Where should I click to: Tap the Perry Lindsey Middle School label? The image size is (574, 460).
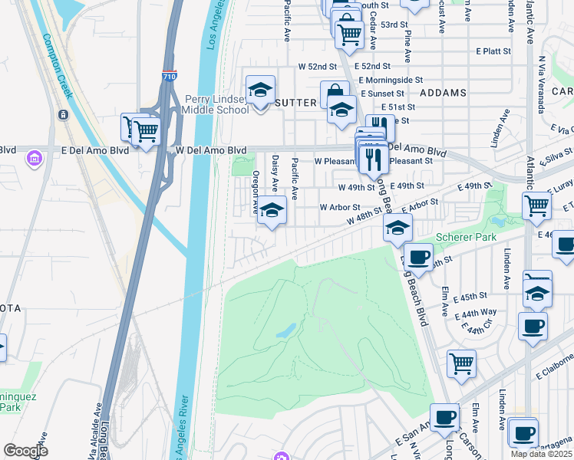point(217,104)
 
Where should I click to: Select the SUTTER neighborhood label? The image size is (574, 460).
point(295,102)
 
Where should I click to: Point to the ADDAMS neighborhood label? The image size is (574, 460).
point(444,93)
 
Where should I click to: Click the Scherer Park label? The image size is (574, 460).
point(467,238)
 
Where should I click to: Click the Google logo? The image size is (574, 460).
point(25,451)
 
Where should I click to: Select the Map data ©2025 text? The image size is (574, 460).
point(541,454)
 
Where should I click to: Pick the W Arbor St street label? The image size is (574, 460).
point(340,207)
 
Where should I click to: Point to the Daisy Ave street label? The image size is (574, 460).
point(275,172)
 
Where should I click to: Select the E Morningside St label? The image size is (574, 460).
point(391,79)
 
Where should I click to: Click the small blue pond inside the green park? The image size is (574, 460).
point(285,330)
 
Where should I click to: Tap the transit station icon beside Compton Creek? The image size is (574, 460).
point(62,115)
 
